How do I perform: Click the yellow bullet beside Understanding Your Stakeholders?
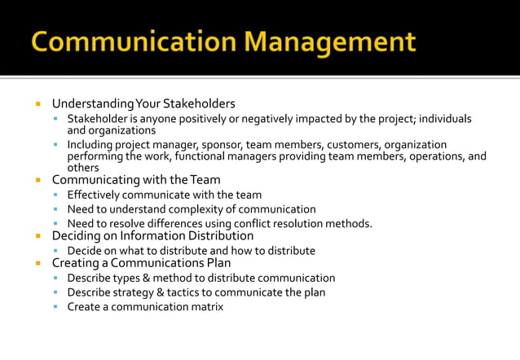coord(37,104)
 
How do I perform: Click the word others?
coord(82,168)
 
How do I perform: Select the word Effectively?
coord(95,195)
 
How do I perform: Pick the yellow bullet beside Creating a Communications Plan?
coord(37,263)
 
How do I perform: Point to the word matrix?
coord(205,306)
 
